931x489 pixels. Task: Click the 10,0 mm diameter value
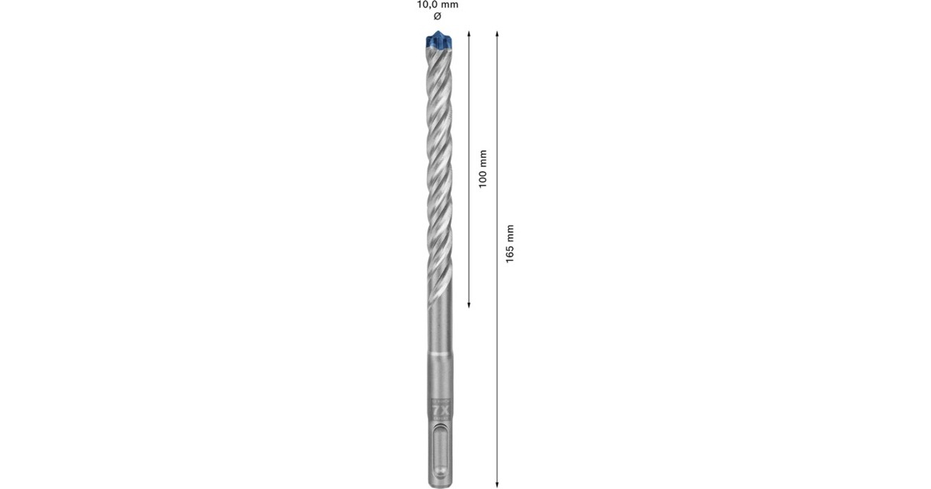pyautogui.click(x=438, y=5)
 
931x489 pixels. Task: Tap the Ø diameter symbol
pyautogui.click(x=437, y=16)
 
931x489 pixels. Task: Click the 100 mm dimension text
pyautogui.click(x=483, y=168)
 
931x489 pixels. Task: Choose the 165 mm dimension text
pyautogui.click(x=510, y=243)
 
